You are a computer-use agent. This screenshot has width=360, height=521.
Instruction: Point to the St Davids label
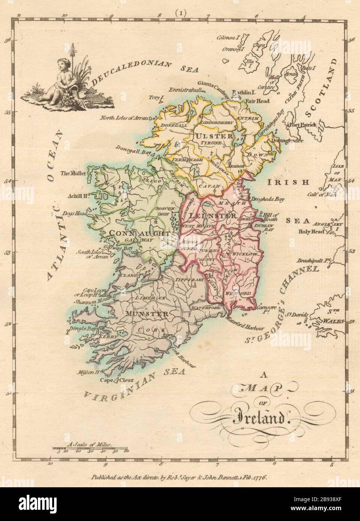(x=296, y=315)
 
